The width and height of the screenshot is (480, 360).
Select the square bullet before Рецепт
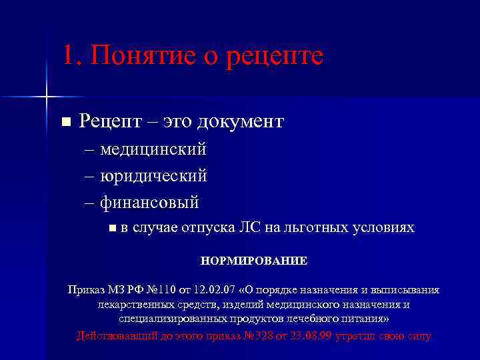tap(65, 122)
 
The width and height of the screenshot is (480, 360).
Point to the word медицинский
tap(153, 149)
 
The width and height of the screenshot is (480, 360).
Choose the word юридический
tap(153, 175)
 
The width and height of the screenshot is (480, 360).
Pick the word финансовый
tap(150, 201)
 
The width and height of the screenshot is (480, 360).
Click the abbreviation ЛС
tap(250, 228)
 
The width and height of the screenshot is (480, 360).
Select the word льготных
tap(317, 228)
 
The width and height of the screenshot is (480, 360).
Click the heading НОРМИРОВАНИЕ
tap(254, 261)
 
